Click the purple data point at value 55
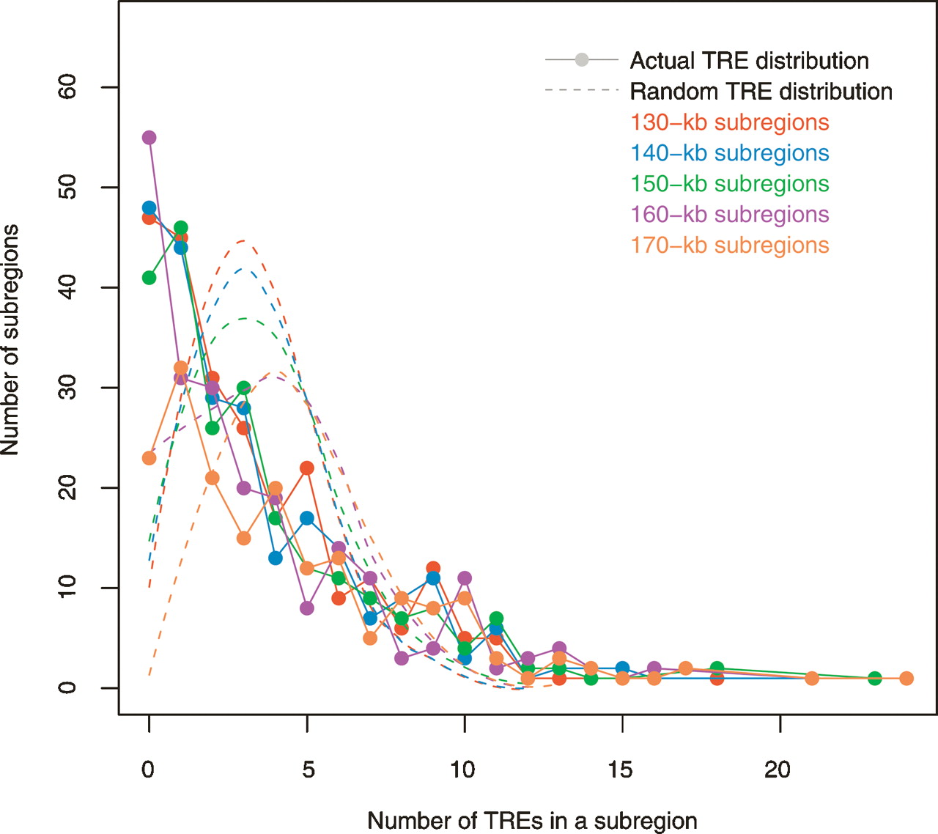[x=149, y=138]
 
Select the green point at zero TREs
[x=149, y=278]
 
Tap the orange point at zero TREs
[x=149, y=458]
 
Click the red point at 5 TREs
[x=307, y=468]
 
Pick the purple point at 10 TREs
[x=465, y=578]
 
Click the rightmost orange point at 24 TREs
[x=906, y=678]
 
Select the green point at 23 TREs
[x=874, y=678]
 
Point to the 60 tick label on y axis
[x=67, y=87]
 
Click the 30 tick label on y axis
[x=67, y=388]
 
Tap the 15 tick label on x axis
[x=621, y=770]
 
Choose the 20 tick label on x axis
[x=779, y=770]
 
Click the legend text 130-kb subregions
[x=730, y=122]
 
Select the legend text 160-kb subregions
[x=730, y=215]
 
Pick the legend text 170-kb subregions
[x=730, y=246]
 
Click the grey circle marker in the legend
[x=581, y=60]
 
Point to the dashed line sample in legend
[x=581, y=91]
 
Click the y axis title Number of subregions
[x=10, y=340]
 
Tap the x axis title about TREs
[x=532, y=821]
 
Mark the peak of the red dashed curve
[x=242, y=240]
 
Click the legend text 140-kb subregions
[x=730, y=153]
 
